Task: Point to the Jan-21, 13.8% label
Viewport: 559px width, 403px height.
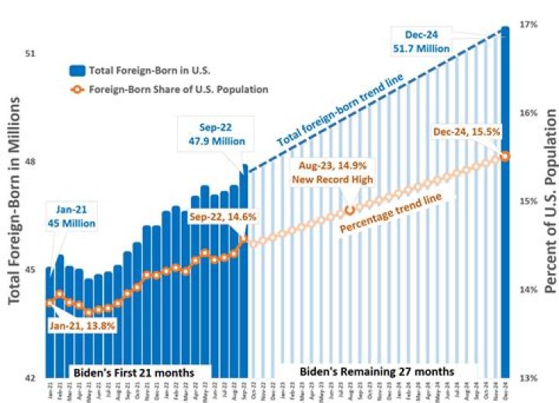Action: pos(82,326)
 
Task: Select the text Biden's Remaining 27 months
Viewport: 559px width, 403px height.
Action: pos(377,371)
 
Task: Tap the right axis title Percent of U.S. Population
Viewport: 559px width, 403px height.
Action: pos(550,202)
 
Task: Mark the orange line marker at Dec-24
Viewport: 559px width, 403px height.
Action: pos(505,156)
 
